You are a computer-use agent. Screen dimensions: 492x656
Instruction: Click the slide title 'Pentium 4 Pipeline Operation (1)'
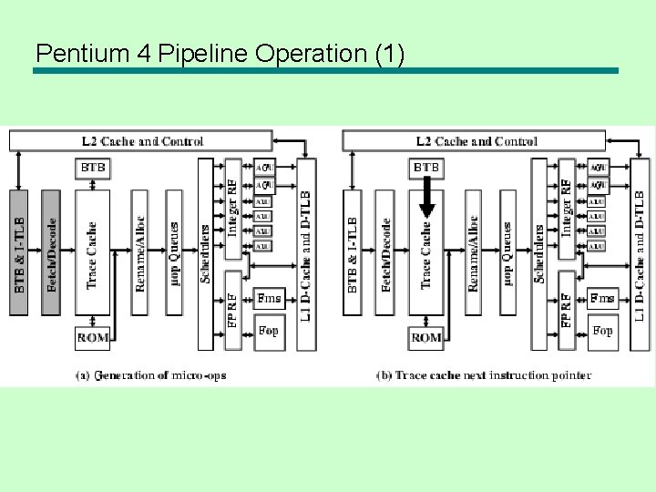coord(219,54)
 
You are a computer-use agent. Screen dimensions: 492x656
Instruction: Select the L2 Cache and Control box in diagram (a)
coord(141,141)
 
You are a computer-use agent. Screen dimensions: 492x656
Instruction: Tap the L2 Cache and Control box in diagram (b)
coord(474,141)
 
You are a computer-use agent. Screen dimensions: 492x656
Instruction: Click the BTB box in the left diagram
coord(93,169)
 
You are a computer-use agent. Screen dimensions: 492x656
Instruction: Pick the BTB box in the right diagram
coord(426,169)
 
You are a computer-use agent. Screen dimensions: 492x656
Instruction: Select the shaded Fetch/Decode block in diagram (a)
coord(52,253)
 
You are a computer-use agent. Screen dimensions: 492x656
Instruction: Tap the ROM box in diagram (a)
coord(92,337)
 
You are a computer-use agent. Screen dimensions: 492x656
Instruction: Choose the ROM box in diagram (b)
coord(425,337)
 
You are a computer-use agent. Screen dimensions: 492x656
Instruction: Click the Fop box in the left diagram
coord(269,331)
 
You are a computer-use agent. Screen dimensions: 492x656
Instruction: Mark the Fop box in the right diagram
coord(602,331)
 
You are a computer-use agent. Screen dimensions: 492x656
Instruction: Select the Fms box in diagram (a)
coord(269,298)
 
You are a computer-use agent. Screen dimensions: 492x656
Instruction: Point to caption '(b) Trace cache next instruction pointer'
coord(483,374)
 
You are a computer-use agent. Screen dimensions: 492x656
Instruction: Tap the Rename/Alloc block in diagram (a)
coord(139,253)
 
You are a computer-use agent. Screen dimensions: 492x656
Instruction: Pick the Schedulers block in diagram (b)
coord(539,253)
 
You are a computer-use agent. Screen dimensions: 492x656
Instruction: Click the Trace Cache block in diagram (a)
coord(92,253)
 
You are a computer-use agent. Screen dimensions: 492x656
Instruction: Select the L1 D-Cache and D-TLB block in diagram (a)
coord(307,253)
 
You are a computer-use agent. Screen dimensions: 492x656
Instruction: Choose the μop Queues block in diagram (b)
coord(507,253)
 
